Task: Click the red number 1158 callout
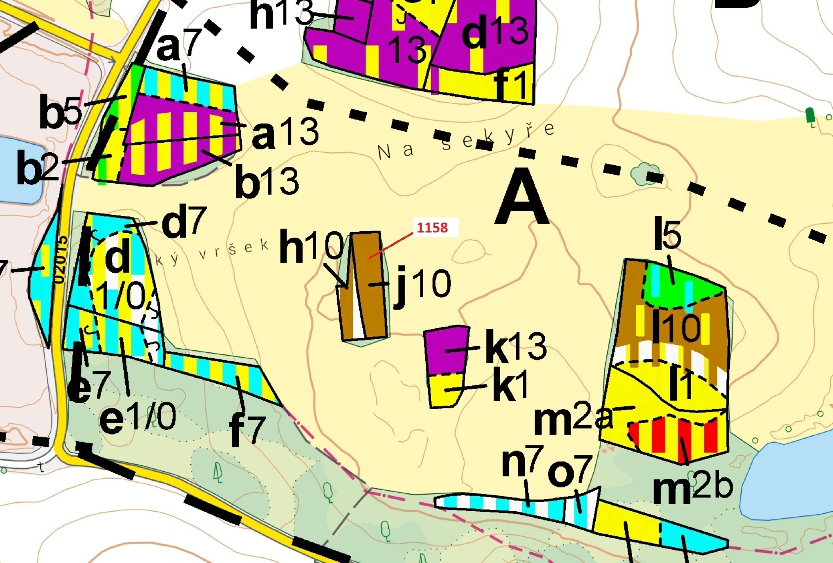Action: (x=433, y=228)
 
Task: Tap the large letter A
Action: (x=522, y=198)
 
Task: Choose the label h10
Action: (x=311, y=247)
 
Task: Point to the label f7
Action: (x=247, y=430)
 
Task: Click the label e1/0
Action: (x=138, y=418)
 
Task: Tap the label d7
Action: (x=184, y=223)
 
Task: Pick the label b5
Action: (x=61, y=113)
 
